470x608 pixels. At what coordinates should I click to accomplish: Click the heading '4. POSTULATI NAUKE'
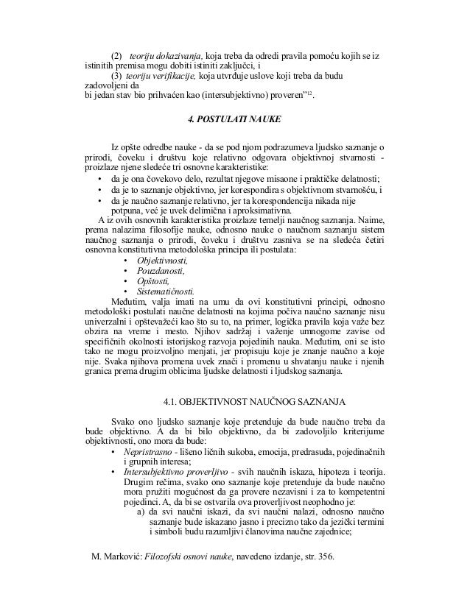coord(235,119)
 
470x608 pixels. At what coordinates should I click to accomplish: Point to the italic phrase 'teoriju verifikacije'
coord(161,76)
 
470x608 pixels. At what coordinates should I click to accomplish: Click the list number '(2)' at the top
coord(116,56)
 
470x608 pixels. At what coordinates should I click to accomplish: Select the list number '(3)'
coord(116,76)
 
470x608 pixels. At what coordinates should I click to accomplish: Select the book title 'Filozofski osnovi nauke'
coord(189,576)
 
